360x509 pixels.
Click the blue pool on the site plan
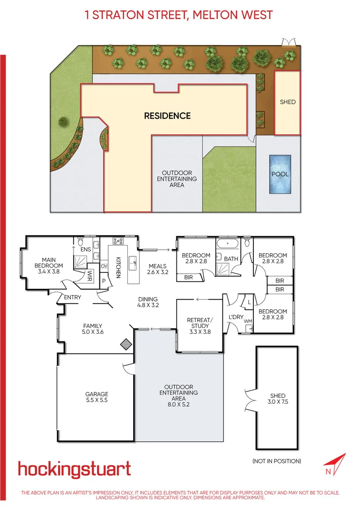280,174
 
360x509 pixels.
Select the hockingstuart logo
74,469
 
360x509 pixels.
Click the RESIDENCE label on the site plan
168,116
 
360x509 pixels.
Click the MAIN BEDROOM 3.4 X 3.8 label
49,266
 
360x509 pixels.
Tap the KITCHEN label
118,267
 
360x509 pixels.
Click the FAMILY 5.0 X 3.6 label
92,329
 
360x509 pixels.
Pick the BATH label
231,259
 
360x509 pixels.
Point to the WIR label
89,275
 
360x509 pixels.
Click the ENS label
86,250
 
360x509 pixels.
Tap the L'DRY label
236,317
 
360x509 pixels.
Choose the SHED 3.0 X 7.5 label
278,400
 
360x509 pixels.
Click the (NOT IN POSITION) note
277,461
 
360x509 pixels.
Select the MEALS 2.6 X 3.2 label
158,269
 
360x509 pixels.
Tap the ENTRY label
73,298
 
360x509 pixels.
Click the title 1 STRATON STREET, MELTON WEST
179,15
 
